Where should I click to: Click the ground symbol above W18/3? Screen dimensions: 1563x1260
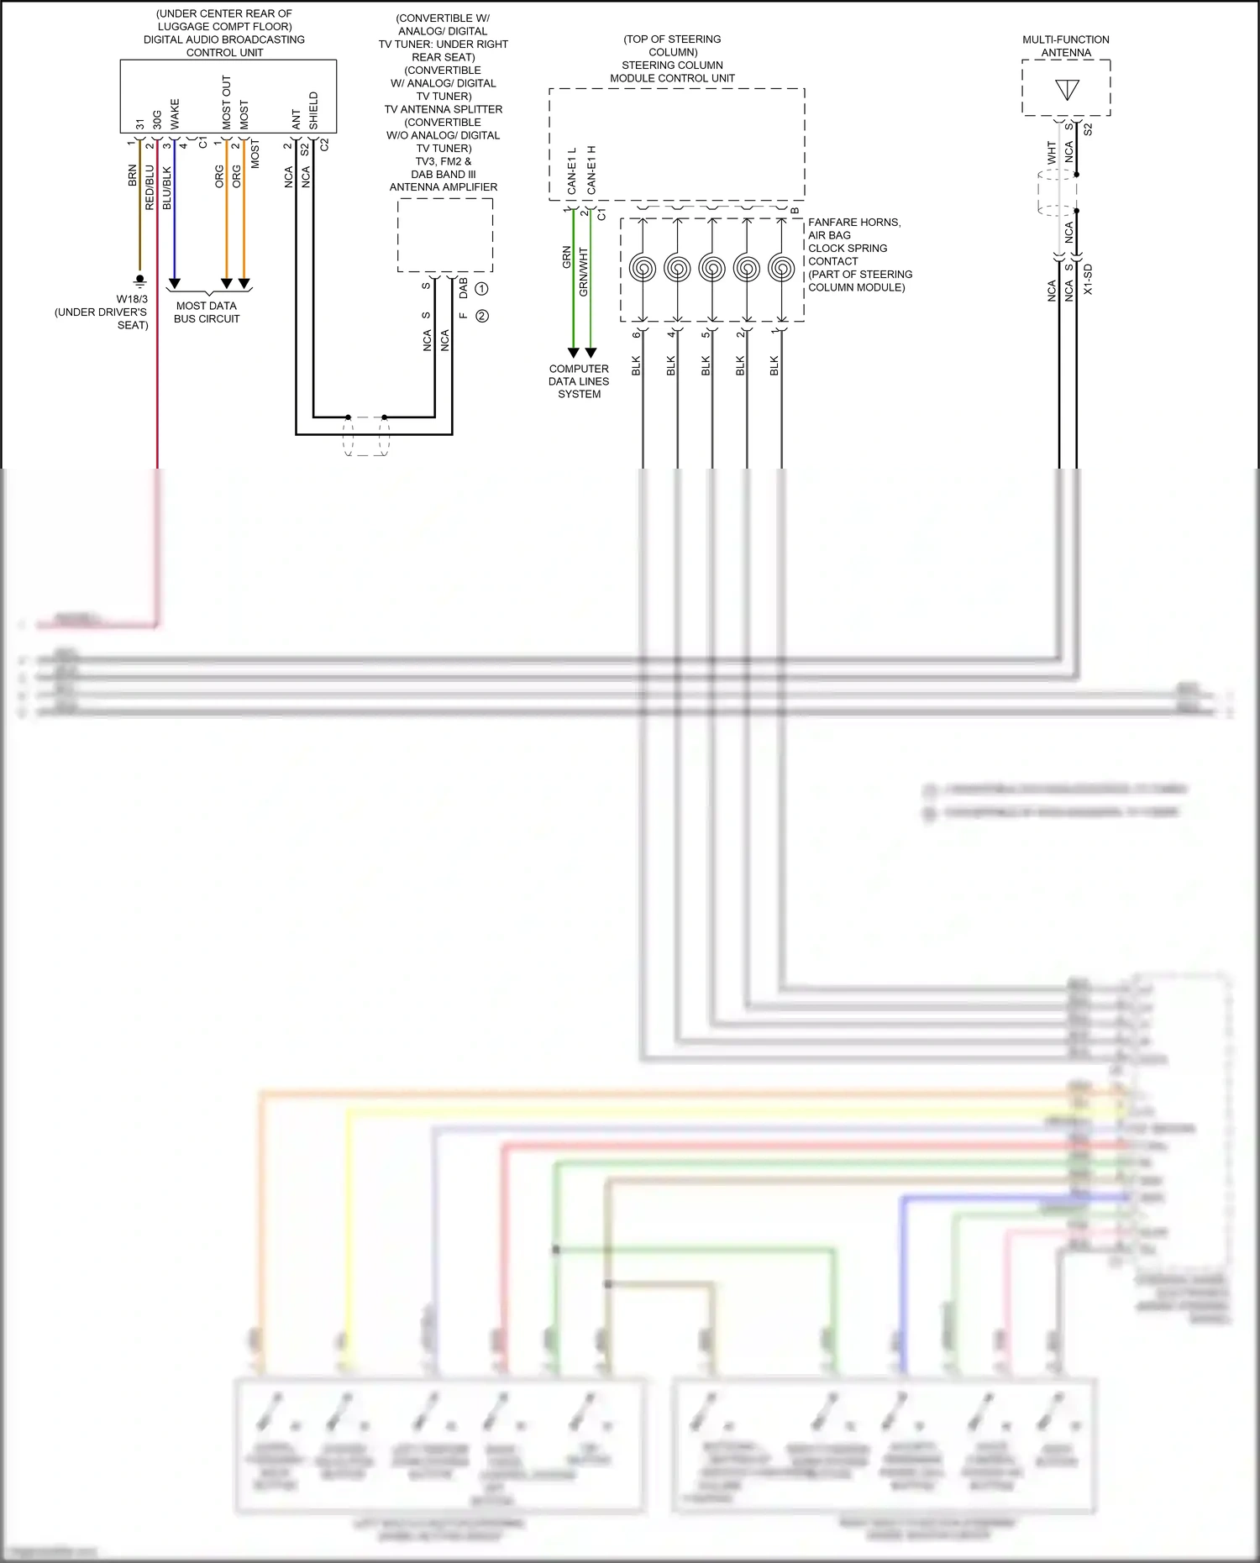click(139, 280)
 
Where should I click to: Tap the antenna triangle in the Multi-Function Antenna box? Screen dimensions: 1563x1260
click(1067, 90)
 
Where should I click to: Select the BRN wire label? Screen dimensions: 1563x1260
click(133, 176)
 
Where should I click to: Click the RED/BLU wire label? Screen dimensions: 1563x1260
click(150, 187)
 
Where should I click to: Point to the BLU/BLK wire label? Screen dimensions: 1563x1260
click(167, 188)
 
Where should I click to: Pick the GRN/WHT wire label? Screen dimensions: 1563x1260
click(584, 271)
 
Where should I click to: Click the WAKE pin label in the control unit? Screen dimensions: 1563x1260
click(175, 114)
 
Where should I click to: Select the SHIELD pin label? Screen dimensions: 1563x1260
click(313, 110)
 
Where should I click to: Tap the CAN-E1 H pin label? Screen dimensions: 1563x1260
click(591, 170)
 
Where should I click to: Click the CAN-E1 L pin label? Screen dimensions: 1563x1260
click(572, 171)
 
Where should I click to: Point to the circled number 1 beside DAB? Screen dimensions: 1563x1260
click(481, 288)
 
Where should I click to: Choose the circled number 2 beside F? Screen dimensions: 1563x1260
click(482, 316)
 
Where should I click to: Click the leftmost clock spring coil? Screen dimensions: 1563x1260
click(643, 269)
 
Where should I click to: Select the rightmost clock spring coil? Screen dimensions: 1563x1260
click(781, 269)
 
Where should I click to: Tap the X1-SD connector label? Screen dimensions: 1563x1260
click(1089, 279)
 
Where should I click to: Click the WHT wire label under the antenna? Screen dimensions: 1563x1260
click(1052, 153)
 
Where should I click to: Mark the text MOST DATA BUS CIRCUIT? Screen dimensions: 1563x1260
click(207, 312)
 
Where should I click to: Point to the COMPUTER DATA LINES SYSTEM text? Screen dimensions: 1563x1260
click(579, 381)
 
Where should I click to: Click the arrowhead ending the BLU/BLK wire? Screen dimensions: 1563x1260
click(175, 284)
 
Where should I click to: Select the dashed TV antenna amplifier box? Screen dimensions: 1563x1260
click(445, 235)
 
